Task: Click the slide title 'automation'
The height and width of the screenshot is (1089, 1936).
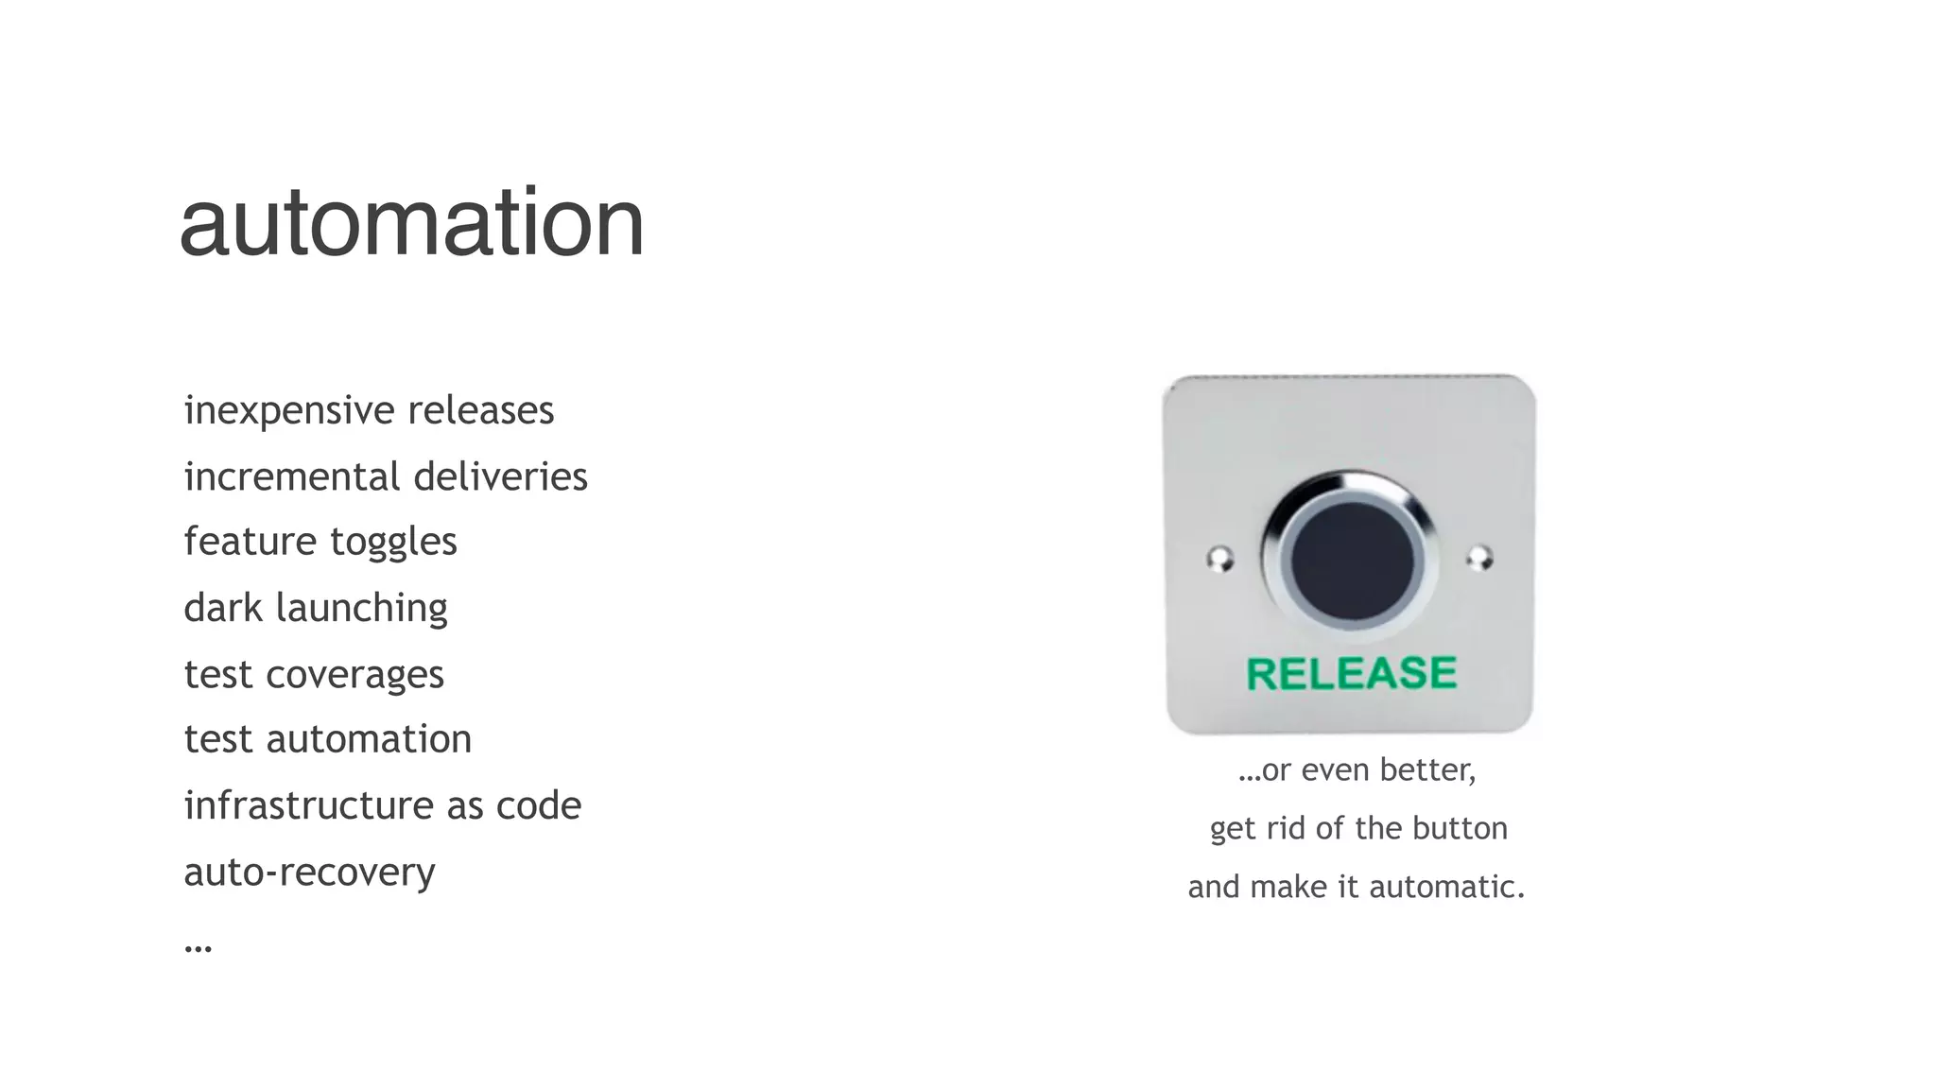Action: point(411,223)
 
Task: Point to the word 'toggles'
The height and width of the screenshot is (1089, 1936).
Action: point(393,543)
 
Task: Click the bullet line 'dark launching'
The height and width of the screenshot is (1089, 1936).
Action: point(316,608)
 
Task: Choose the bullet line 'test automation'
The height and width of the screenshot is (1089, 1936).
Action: point(327,739)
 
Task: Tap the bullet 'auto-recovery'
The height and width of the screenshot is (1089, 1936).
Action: point(309,872)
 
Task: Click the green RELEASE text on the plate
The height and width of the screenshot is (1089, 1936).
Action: point(1352,674)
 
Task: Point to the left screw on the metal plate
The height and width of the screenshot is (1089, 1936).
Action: point(1220,559)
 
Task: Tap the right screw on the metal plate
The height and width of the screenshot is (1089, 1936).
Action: point(1480,558)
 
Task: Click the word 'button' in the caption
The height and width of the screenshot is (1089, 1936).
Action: point(1460,829)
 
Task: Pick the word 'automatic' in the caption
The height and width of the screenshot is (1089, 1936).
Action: point(1445,888)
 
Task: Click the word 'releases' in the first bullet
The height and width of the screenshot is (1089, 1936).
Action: point(480,411)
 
